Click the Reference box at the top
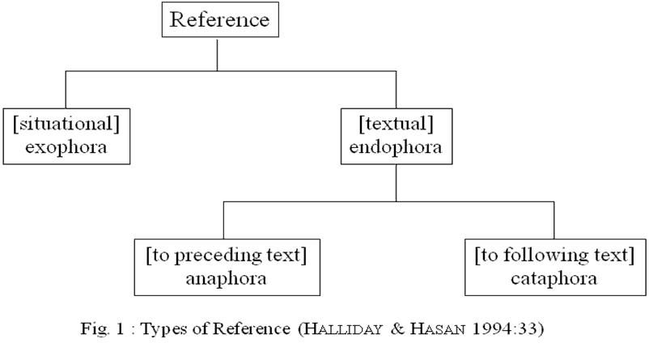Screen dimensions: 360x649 pos(219,19)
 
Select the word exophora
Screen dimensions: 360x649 pos(66,148)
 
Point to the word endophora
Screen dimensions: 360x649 pos(396,148)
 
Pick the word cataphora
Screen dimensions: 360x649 pos(554,279)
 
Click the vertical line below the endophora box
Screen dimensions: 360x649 pos(396,182)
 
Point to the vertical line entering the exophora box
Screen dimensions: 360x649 pos(66,89)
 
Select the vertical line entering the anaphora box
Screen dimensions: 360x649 pos(223,220)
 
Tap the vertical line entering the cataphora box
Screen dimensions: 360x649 pos(554,220)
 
